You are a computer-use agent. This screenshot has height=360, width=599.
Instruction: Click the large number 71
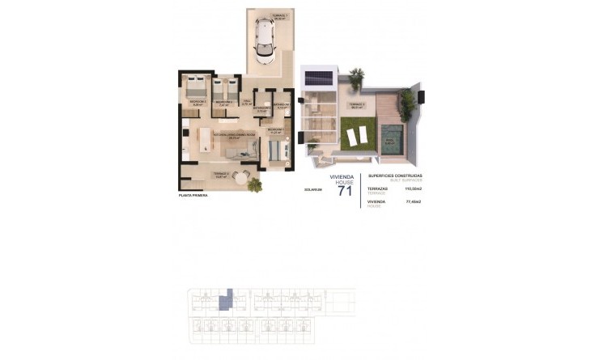pyautogui.click(x=345, y=191)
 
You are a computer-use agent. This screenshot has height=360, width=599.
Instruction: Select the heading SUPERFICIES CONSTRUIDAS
pyautogui.click(x=395, y=175)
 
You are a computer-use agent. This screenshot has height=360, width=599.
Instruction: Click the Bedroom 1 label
pyautogui.click(x=275, y=130)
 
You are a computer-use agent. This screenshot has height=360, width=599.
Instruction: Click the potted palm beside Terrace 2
pyautogui.click(x=256, y=184)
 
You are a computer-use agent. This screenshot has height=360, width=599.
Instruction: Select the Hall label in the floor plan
pyautogui.click(x=247, y=102)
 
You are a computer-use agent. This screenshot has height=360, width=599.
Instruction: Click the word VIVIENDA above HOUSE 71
pyautogui.click(x=342, y=174)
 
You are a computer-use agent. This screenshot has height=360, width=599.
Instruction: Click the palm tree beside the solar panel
pyautogui.click(x=356, y=77)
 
